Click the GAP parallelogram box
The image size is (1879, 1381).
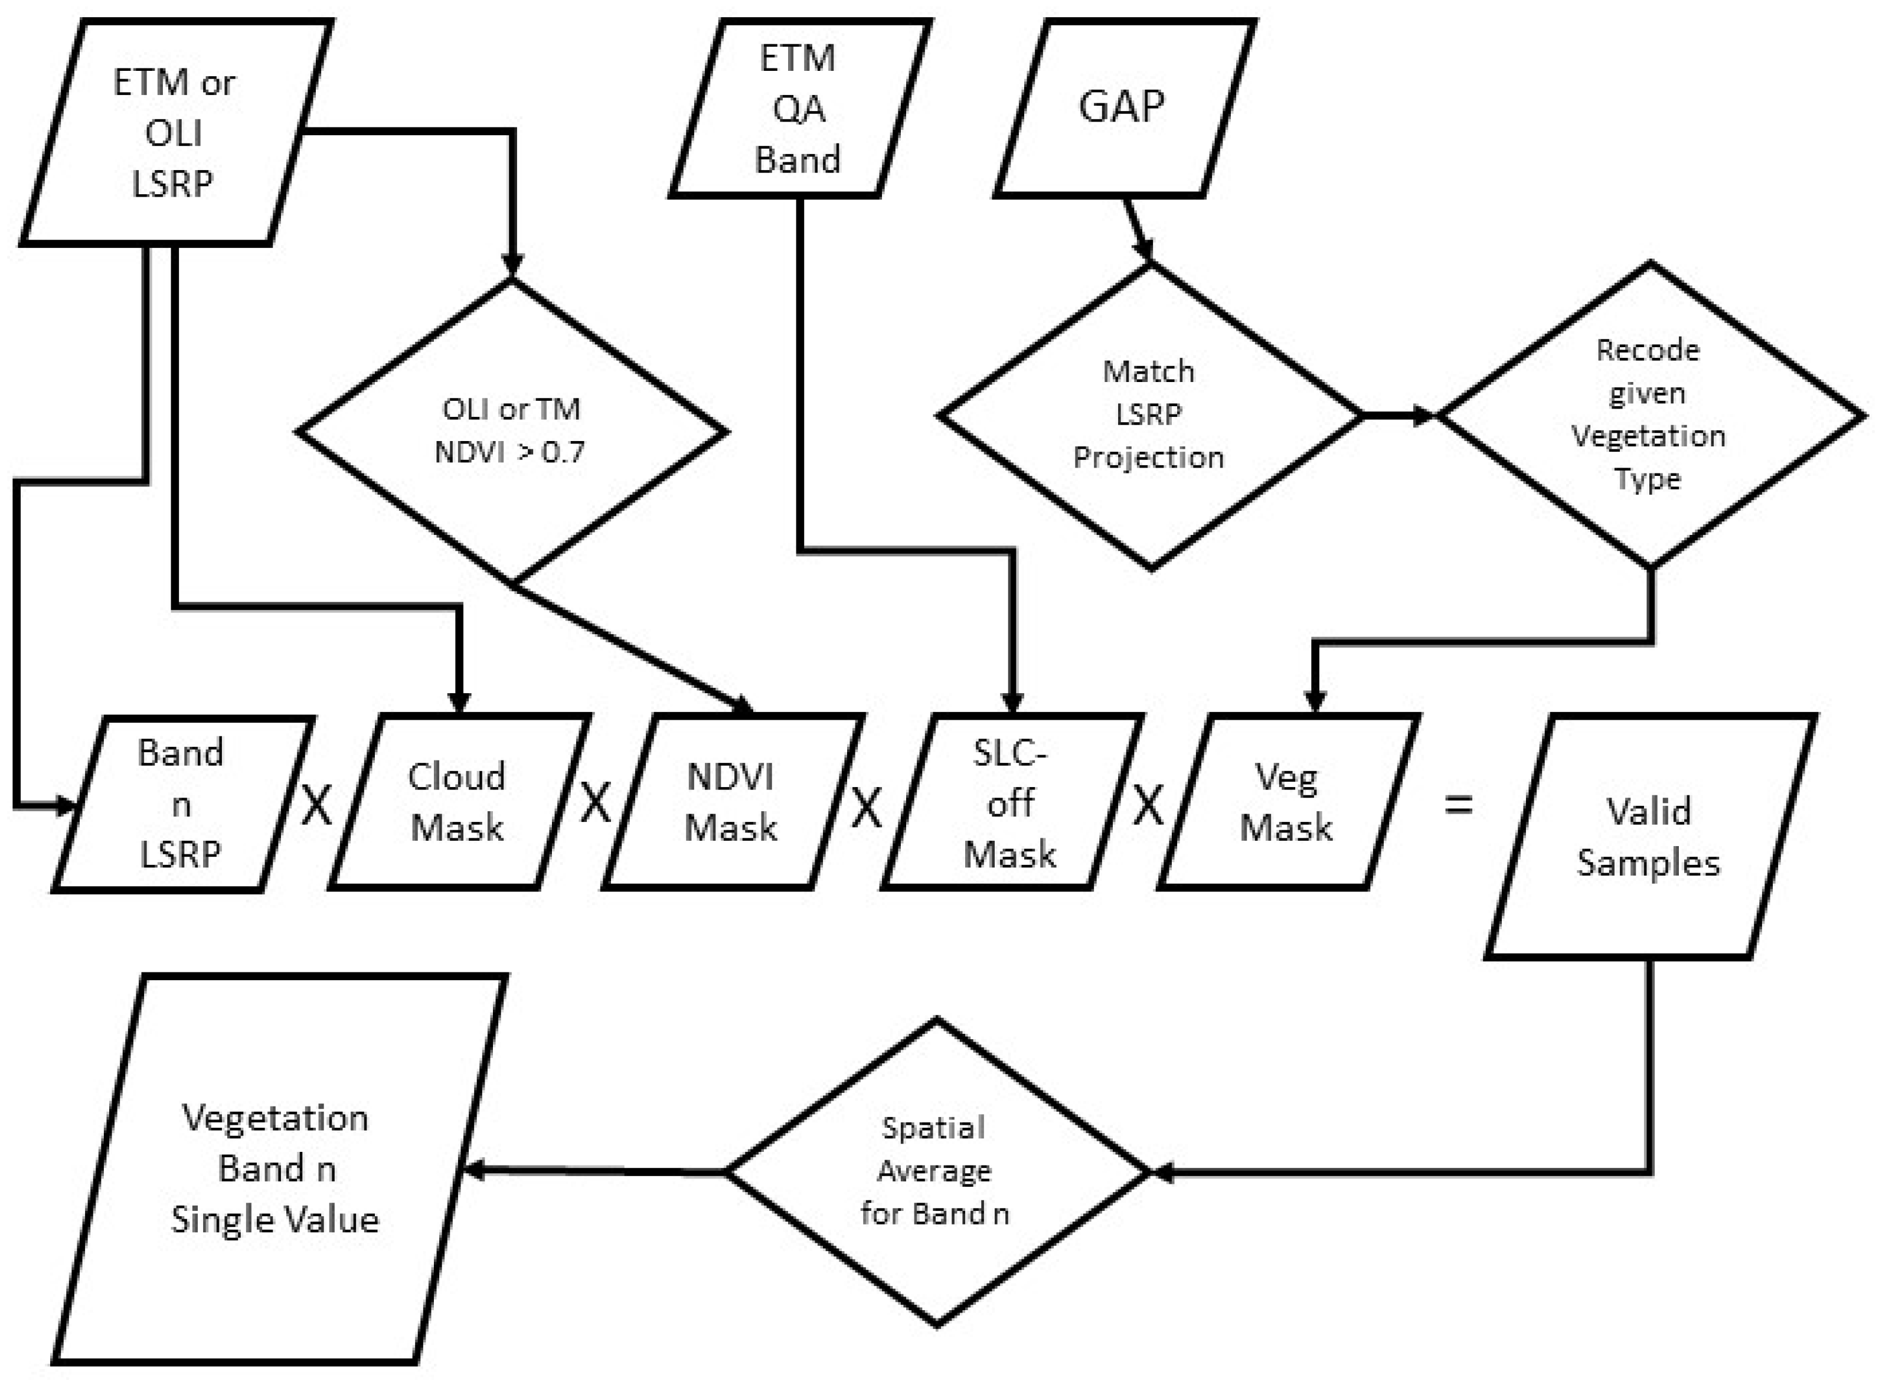coord(1123,107)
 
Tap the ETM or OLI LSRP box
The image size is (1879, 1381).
coord(174,132)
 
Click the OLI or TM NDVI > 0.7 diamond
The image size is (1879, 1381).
coord(512,430)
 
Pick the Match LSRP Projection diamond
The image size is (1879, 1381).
coord(1149,414)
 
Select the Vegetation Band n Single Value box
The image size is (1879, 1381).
coord(276,1168)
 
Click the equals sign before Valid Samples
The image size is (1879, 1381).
coord(1459,805)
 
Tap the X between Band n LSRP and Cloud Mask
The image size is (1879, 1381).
coord(316,805)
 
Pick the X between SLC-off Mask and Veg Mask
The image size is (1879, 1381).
coord(1148,805)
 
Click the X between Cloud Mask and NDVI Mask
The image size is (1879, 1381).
coord(595,802)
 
